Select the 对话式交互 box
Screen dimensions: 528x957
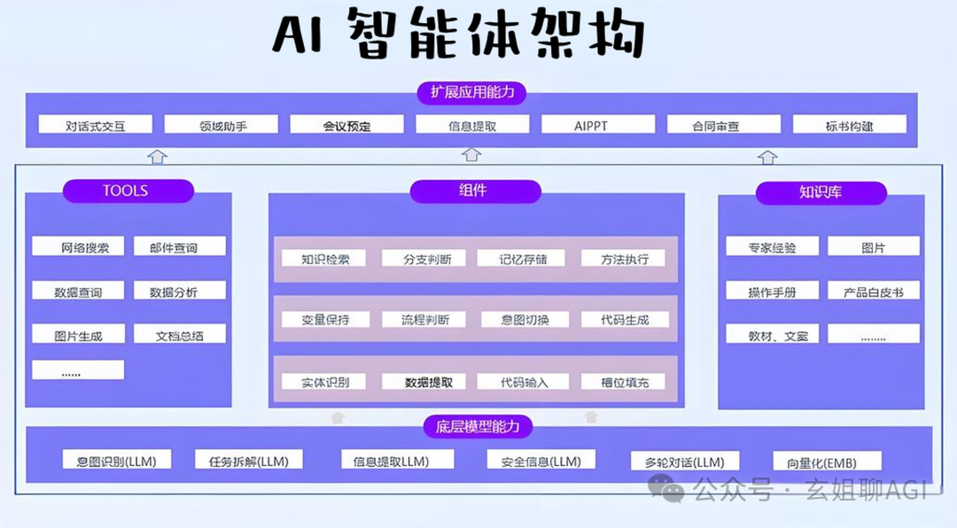coord(96,125)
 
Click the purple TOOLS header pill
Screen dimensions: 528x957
coord(128,190)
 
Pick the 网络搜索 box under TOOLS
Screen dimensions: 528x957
coord(78,247)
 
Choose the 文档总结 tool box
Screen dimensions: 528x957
coord(180,335)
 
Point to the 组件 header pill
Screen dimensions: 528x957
coord(475,190)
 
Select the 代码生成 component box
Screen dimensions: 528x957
coord(624,319)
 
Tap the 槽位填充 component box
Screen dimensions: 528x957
coord(624,382)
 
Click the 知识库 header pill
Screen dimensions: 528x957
coord(821,192)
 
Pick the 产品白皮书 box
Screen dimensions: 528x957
coord(873,291)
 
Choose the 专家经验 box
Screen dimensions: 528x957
coord(772,247)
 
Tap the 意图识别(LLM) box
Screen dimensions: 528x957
coord(117,460)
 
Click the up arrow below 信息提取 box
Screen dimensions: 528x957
coord(472,155)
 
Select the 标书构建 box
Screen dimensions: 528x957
coord(849,125)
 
